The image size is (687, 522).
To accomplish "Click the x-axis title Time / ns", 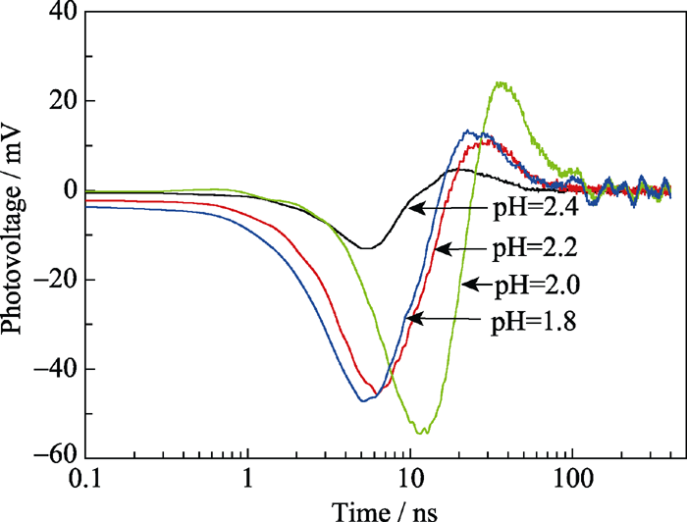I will coord(378,508).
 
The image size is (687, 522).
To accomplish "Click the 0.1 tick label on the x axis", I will coord(85,481).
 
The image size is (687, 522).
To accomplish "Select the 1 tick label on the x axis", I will coord(248,481).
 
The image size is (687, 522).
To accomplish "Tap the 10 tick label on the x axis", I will coord(410,481).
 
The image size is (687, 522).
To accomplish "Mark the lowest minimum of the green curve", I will coord(421,432).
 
